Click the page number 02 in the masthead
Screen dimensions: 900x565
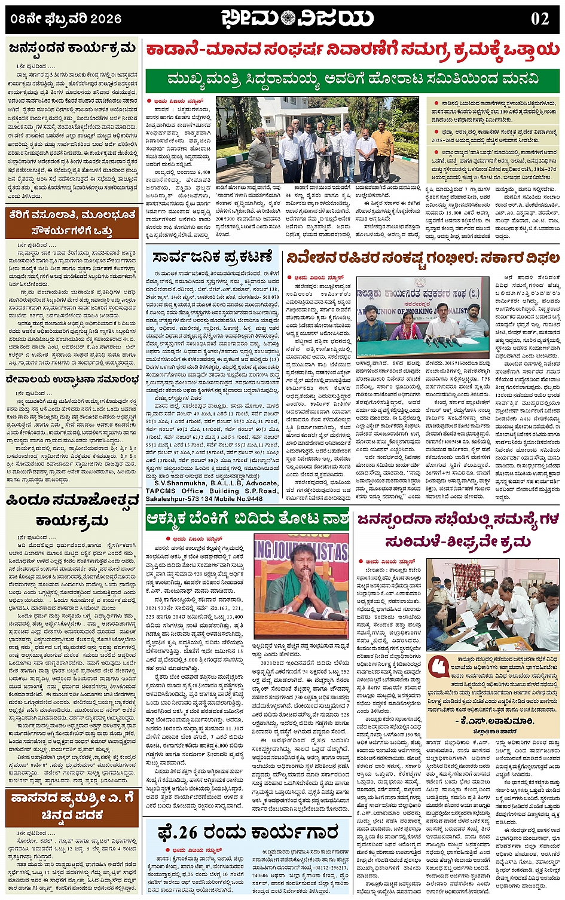539,19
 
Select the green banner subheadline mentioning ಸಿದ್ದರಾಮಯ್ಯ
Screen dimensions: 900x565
353,79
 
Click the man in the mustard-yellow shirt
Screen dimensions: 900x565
383,152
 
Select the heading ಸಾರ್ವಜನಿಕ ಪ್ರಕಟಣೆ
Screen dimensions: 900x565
212,258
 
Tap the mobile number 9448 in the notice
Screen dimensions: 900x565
254,498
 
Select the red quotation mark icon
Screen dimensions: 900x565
439,666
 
